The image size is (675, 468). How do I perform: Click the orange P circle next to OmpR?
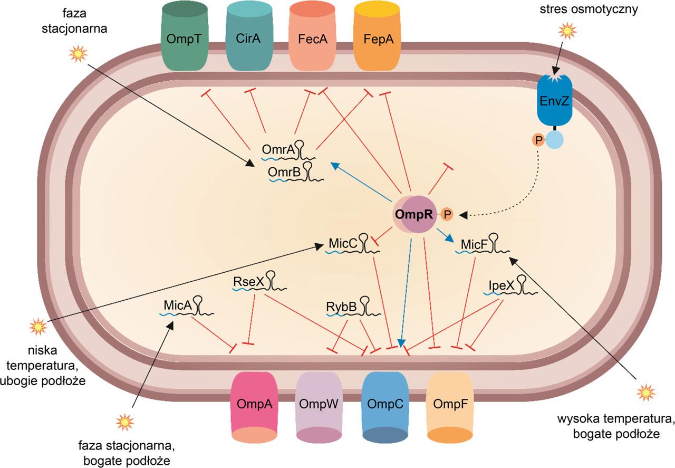(x=447, y=214)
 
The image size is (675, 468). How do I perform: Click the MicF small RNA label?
(x=472, y=245)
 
